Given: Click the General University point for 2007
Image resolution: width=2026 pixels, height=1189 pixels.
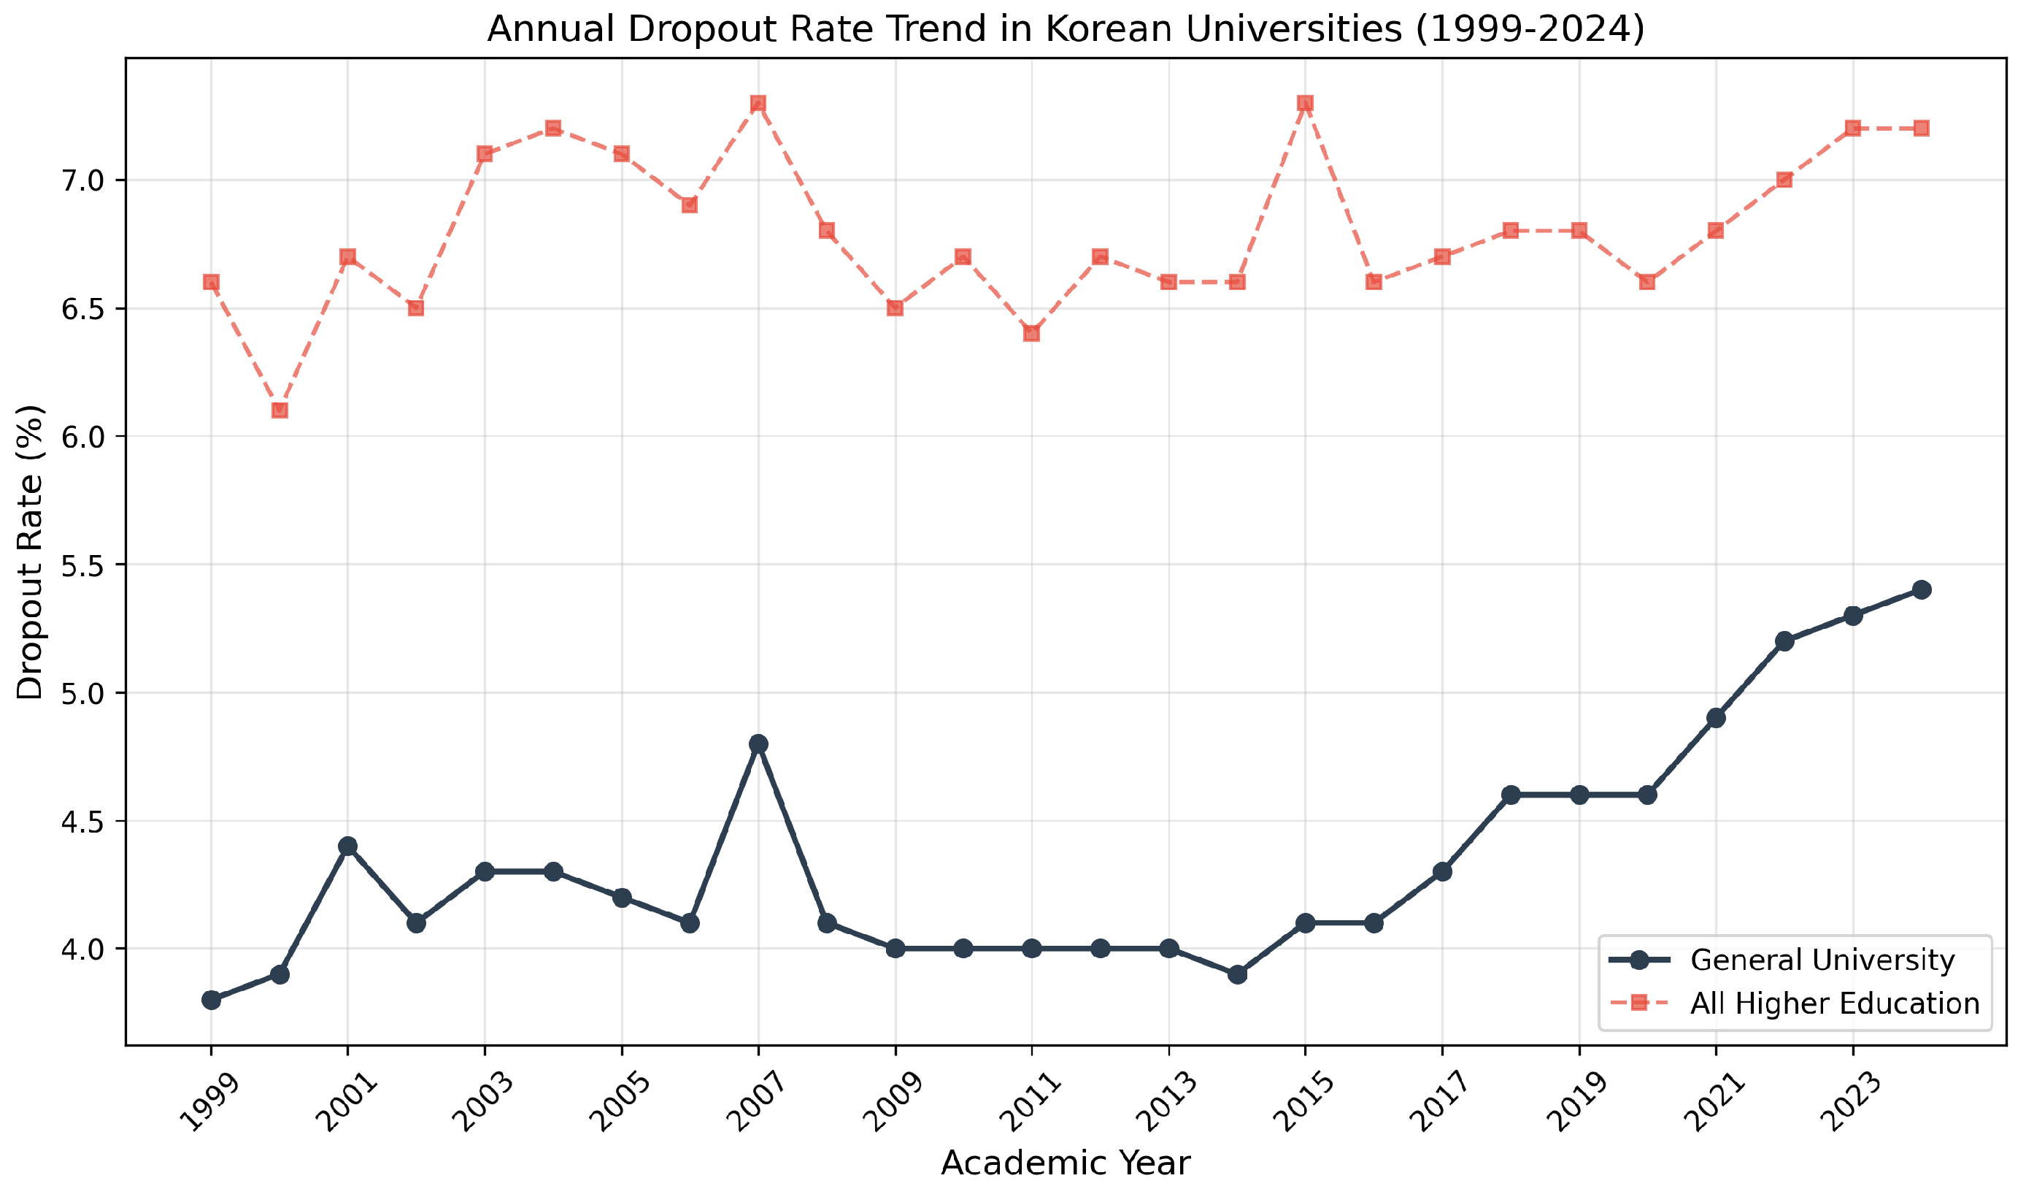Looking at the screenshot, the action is pyautogui.click(x=758, y=743).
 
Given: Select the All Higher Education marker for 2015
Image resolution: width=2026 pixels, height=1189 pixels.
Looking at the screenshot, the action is pyautogui.click(x=1306, y=103).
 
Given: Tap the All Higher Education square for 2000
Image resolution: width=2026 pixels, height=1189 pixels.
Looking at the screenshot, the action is pyautogui.click(x=280, y=410).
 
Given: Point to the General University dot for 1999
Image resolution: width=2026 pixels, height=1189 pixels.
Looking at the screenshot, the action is pyautogui.click(x=212, y=1000).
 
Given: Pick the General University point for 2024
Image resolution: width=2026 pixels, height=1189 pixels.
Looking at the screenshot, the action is pyautogui.click(x=1922, y=589).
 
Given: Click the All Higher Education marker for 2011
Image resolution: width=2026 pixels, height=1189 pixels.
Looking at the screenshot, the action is pyautogui.click(x=1032, y=333).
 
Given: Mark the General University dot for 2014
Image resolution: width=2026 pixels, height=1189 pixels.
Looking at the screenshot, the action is pyautogui.click(x=1237, y=974).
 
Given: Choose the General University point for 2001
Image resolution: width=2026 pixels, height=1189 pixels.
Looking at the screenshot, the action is pyautogui.click(x=348, y=846).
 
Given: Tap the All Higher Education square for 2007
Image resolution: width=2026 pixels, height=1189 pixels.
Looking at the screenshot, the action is pyautogui.click(x=758, y=103).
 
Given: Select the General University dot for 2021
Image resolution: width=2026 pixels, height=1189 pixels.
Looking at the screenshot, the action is pyautogui.click(x=1717, y=718).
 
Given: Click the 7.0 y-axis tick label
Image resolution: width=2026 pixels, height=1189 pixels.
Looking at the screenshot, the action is pyautogui.click(x=84, y=180).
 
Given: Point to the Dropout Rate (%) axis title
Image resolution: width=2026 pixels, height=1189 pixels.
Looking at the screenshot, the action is pyautogui.click(x=31, y=552).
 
